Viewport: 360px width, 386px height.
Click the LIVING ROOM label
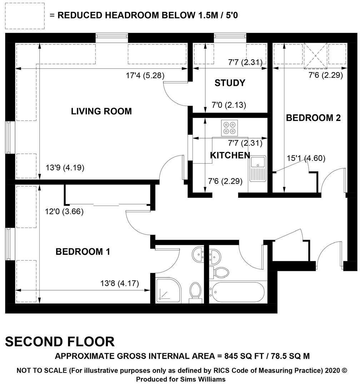101,111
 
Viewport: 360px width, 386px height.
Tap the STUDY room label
230,83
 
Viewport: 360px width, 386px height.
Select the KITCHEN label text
230,155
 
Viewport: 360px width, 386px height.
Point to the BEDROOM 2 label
313,118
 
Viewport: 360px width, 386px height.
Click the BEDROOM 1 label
83,252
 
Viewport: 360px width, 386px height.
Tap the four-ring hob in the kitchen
229,128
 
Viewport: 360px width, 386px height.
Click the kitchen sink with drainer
257,169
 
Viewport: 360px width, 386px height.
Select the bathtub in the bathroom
236,292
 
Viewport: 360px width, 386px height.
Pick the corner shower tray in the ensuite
168,290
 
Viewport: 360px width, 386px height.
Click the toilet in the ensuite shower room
195,293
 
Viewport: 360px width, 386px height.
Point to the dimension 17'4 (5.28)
145,75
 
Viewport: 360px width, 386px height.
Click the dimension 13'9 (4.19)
65,168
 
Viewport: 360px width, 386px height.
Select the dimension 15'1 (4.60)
306,158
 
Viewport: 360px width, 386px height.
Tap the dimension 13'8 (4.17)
120,283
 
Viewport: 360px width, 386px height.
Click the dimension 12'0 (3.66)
64,212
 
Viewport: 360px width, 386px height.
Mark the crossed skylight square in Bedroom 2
315,55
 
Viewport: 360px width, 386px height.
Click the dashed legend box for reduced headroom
25,16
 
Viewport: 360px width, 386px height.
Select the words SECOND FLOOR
60,342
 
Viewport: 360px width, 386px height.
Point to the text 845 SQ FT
244,356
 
